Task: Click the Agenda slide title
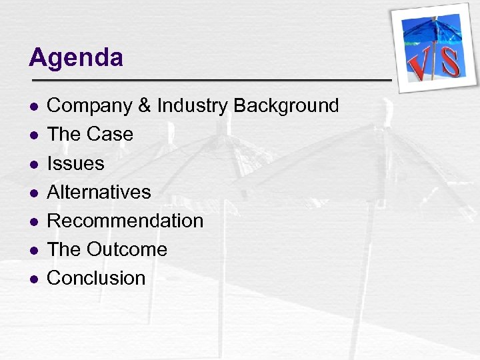76,58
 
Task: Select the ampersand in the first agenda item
143,105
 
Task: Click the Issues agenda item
76,163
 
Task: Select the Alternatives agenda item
99,192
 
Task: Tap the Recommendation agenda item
125,221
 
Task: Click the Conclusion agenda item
96,278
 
